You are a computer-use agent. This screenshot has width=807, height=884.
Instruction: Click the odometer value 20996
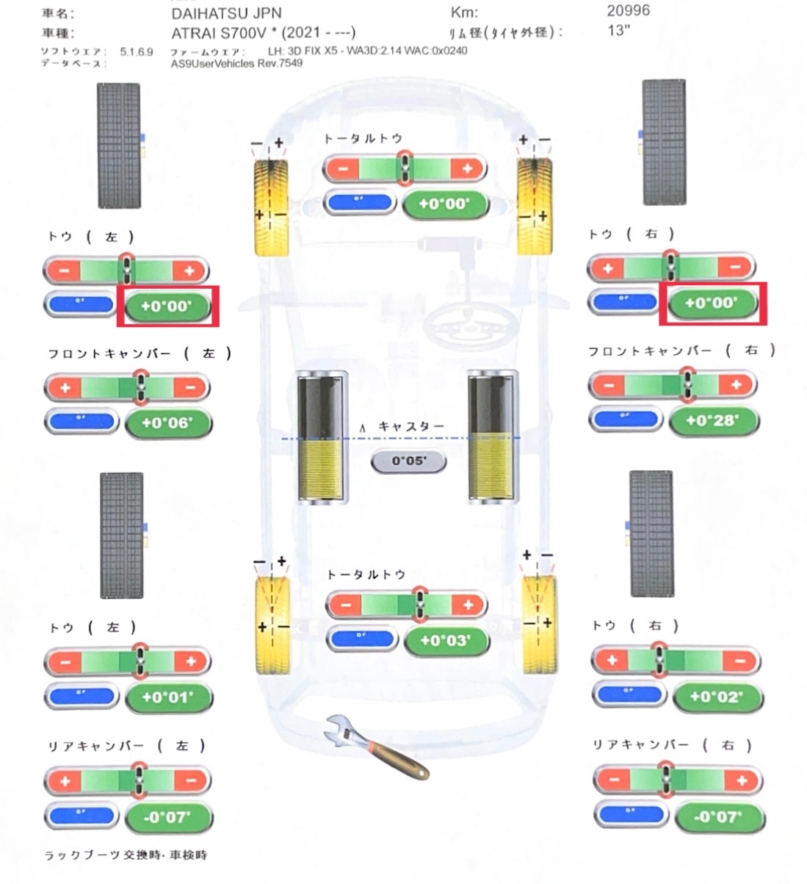[x=628, y=10]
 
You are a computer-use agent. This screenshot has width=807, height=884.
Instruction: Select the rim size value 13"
[x=619, y=30]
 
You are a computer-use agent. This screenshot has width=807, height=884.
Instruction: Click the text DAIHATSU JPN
[x=226, y=13]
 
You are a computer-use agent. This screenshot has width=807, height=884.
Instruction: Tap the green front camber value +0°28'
[x=712, y=420]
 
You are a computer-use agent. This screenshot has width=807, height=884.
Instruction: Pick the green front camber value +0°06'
[x=167, y=423]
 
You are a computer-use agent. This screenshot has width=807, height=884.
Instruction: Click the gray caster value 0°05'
[x=408, y=461]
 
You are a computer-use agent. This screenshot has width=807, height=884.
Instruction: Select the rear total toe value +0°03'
[x=446, y=640]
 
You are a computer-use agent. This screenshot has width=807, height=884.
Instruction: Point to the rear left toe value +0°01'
[x=167, y=697]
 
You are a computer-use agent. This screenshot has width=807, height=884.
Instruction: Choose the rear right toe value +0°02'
[x=715, y=696]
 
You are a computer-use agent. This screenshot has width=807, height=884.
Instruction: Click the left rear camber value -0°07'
[x=167, y=816]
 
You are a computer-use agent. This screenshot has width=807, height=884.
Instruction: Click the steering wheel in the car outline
[x=464, y=322]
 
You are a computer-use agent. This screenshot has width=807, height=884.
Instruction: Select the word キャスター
[x=411, y=426]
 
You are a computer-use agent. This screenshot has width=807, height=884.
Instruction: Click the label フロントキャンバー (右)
[x=681, y=351]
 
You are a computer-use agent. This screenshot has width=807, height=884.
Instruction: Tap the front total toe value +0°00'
[x=445, y=204]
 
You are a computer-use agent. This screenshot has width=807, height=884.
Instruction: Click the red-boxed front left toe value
[x=167, y=306]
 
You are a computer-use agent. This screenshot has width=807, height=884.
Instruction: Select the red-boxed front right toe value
[x=712, y=302]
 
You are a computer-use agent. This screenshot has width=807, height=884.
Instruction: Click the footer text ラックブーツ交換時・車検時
[x=126, y=855]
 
